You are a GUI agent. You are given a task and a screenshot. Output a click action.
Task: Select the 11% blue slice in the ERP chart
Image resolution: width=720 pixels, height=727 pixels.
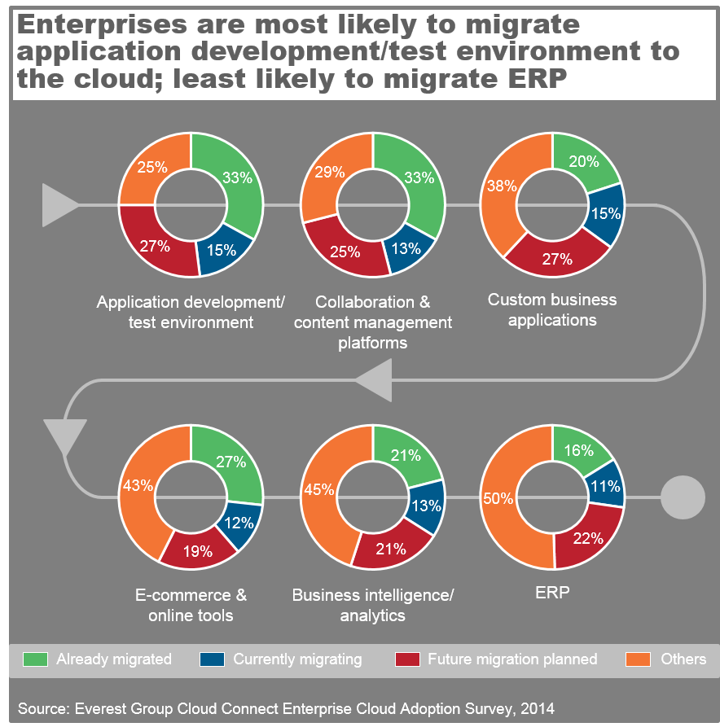point(607,487)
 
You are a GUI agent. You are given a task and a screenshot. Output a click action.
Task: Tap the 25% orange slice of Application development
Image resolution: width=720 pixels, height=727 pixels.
point(152,168)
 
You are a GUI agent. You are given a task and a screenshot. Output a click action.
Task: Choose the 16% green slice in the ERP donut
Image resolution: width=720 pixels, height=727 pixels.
point(579,451)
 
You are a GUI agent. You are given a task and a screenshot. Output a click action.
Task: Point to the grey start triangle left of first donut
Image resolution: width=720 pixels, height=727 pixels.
point(57,205)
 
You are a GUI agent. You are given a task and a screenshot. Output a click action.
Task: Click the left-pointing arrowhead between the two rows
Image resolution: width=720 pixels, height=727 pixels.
point(374,379)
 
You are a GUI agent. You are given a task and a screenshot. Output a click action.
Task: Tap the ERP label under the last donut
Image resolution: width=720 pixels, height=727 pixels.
point(552,593)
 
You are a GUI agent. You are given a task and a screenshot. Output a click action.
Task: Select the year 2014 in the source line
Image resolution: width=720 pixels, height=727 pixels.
point(536,709)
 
